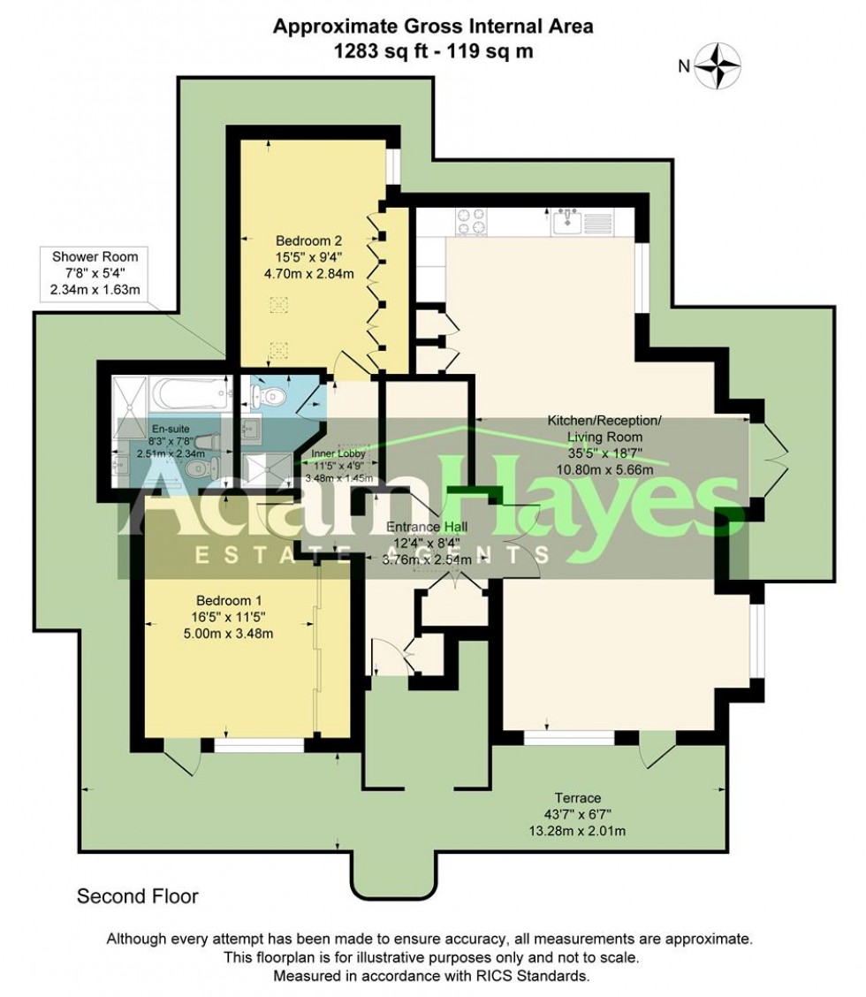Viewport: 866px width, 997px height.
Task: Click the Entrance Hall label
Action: (x=428, y=526)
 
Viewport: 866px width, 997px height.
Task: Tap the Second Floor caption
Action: (x=138, y=896)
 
